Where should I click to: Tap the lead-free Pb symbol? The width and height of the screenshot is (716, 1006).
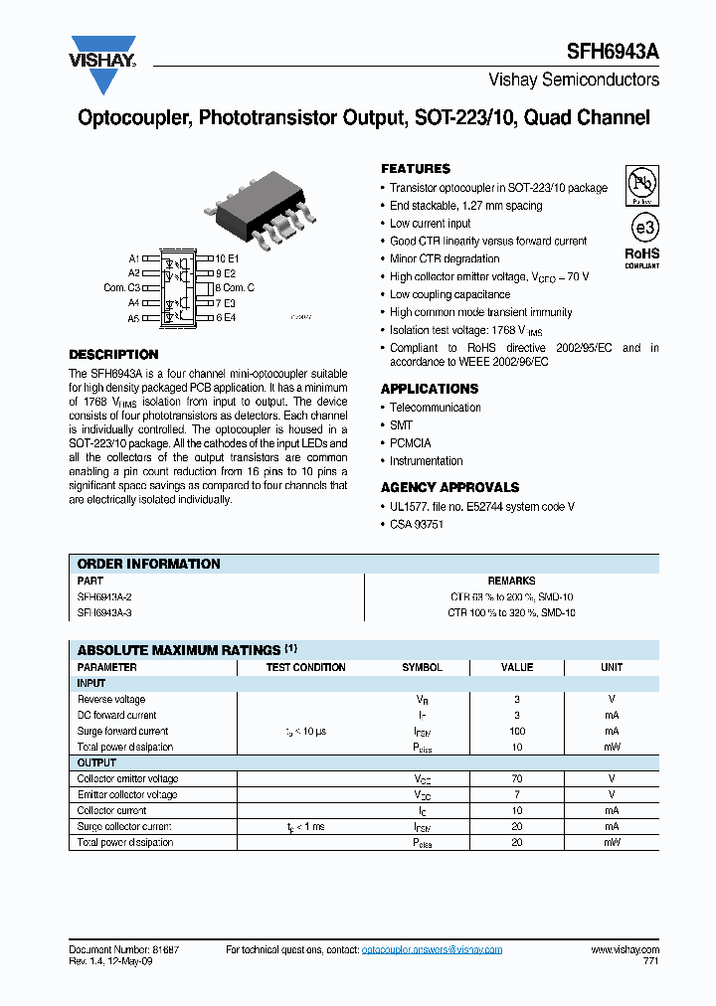[x=641, y=184]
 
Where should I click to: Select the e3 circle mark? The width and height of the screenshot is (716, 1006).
[x=641, y=226]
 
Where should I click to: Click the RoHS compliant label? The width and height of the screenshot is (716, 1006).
[x=641, y=257]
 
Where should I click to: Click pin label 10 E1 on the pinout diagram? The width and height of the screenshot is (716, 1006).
[x=228, y=258]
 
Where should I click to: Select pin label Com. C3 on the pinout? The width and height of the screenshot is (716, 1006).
[x=122, y=288]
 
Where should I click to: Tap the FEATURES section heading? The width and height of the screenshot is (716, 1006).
[x=416, y=169]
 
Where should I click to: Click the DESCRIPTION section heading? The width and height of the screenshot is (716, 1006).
[x=113, y=355]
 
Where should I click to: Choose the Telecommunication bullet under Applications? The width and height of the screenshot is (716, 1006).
[x=435, y=408]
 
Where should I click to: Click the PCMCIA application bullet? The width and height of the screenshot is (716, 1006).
[x=410, y=443]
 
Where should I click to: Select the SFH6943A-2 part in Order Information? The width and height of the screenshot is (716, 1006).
[x=105, y=597]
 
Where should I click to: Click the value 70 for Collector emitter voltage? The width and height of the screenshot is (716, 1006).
[x=517, y=779]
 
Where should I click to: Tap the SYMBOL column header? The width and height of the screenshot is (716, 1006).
[x=422, y=668]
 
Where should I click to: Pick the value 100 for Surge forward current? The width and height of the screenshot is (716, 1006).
[x=517, y=732]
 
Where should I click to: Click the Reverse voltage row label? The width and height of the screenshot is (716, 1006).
[x=111, y=700]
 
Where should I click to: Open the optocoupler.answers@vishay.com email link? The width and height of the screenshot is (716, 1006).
[x=432, y=950]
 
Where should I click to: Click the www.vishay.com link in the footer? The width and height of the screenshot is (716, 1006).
[x=625, y=950]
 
